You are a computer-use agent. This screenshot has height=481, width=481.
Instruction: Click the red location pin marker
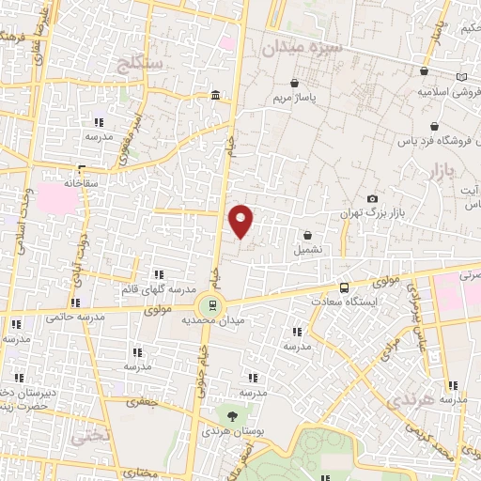(x=241, y=220)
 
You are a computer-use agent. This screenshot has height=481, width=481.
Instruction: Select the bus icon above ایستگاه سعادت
(x=345, y=287)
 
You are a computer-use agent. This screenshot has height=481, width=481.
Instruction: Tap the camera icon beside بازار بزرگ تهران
(x=373, y=199)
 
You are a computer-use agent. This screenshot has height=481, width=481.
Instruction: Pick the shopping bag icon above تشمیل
(x=307, y=235)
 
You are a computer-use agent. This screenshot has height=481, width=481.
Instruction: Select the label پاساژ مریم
(x=302, y=98)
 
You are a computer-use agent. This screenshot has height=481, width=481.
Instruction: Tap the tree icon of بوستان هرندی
(x=230, y=413)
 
